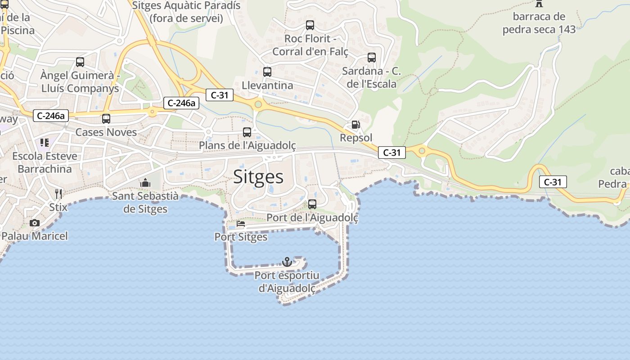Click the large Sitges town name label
coord(258,177)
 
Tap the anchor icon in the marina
coord(287,261)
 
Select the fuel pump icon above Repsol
coord(355,125)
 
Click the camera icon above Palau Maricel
coord(35,223)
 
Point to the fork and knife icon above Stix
coord(58,194)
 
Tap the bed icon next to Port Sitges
coord(241,224)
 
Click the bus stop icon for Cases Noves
coord(106,119)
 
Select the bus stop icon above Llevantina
coord(267,72)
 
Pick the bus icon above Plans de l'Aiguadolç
coord(247,132)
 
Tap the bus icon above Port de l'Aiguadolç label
coord(312,204)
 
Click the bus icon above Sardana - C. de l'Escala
coord(372,58)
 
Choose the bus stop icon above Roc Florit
coord(310,25)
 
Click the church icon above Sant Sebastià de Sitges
coord(145,183)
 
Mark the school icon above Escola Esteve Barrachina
coord(45,143)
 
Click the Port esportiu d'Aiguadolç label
coord(287,282)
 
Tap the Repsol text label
coord(356,138)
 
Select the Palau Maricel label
coord(35,236)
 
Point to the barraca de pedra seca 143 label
coord(539,23)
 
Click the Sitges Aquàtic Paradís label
coord(186,12)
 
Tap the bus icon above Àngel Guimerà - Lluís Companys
coord(80,62)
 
